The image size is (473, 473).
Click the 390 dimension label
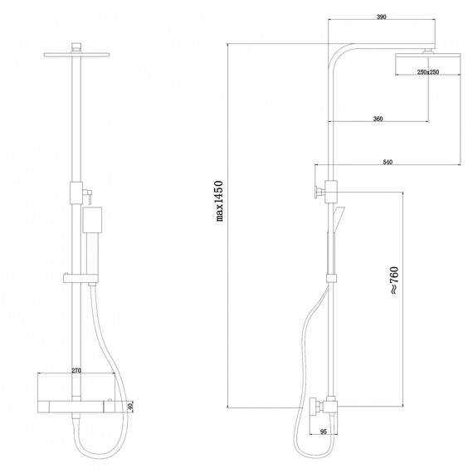[x=381, y=17]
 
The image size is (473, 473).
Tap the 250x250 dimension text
[x=427, y=72]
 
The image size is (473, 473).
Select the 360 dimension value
[x=378, y=119]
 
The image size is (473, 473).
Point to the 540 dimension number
[x=388, y=163]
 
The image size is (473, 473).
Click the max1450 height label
[x=220, y=201]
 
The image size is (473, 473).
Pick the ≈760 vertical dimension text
[x=394, y=280]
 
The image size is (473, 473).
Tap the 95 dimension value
[x=324, y=432]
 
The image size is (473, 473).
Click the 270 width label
[x=76, y=370]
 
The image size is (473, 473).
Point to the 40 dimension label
[x=130, y=407]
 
